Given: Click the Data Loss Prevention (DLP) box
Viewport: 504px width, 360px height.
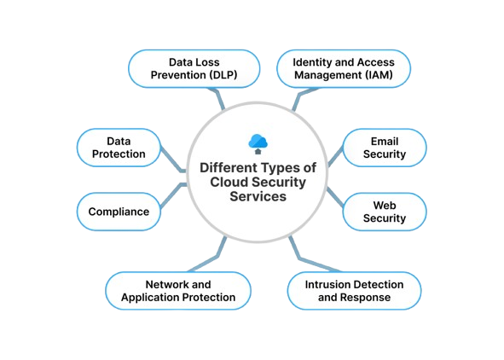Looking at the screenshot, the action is coord(194,68).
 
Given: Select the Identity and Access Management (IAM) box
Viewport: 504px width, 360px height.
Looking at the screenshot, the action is coord(344,68).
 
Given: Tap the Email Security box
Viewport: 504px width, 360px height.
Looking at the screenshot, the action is coord(385,148).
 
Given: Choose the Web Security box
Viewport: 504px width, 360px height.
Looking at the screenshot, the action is coord(385,212).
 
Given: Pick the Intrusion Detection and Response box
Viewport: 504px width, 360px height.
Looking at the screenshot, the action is coord(354,291).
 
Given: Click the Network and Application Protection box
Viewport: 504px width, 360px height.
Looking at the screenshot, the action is coord(178,291).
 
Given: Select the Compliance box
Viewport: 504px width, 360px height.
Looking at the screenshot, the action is coord(119,212).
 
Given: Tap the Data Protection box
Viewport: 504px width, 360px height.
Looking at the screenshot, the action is coord(119,148).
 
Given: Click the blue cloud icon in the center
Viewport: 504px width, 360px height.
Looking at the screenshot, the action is coord(258,144).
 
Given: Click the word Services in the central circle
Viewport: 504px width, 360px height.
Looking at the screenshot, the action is coord(258,196).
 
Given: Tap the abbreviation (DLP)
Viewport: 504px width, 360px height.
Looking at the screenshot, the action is coord(223,75).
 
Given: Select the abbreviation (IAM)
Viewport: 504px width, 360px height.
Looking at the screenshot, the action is coord(379,75).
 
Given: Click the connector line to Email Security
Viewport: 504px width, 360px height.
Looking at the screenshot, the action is coord(335,156).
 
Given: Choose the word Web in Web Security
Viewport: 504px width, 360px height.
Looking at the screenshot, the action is coord(385,206).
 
